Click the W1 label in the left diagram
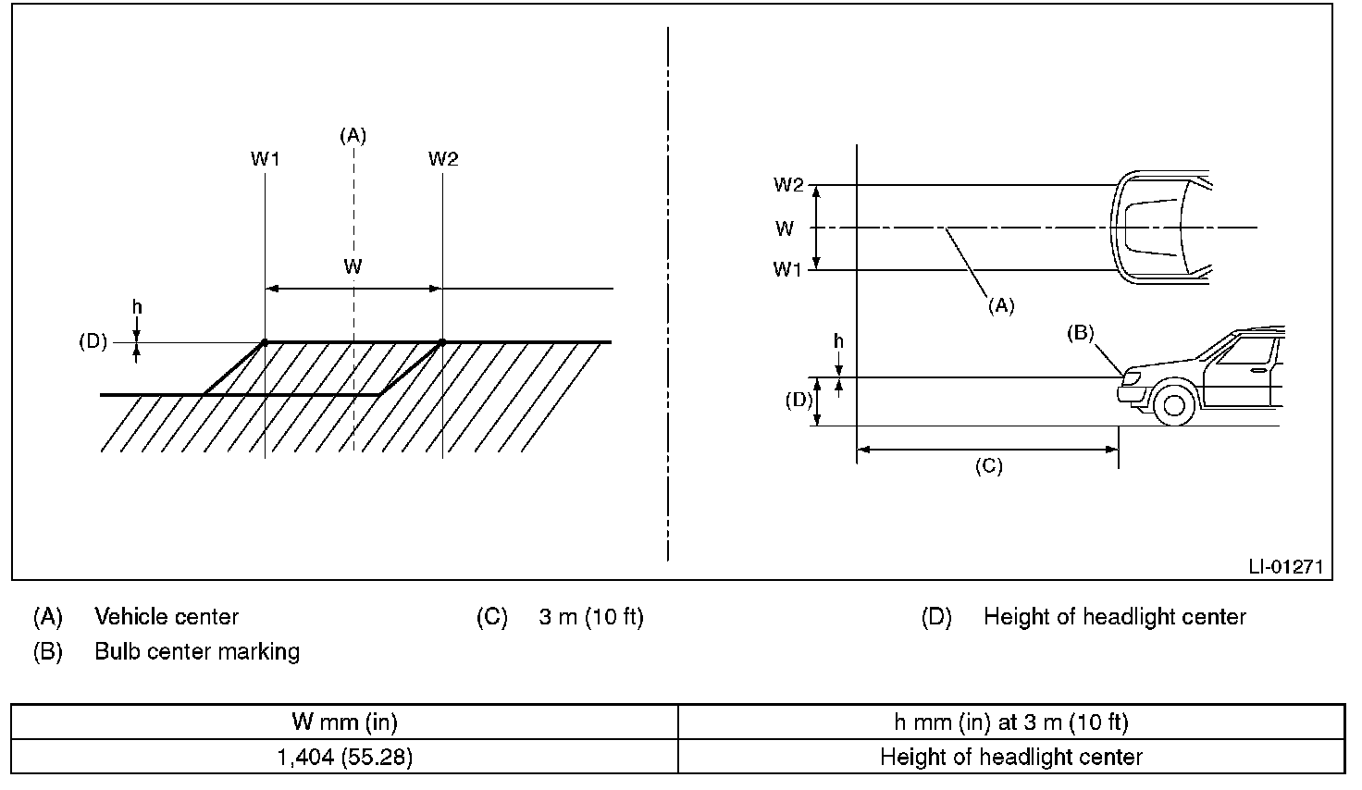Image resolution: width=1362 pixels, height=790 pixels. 266,159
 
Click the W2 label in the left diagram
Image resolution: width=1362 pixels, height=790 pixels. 442,159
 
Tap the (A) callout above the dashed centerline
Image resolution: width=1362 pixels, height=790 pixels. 353,135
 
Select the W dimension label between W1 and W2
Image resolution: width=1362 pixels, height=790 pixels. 353,266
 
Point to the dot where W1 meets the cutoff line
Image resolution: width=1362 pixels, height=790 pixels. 265,343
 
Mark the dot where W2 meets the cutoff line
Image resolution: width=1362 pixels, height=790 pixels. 442,343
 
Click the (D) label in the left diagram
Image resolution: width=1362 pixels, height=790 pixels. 93,341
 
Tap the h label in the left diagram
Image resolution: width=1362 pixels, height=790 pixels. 138,307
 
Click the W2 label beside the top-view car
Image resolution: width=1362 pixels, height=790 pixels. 788,185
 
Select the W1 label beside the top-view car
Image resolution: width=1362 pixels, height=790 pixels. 787,269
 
